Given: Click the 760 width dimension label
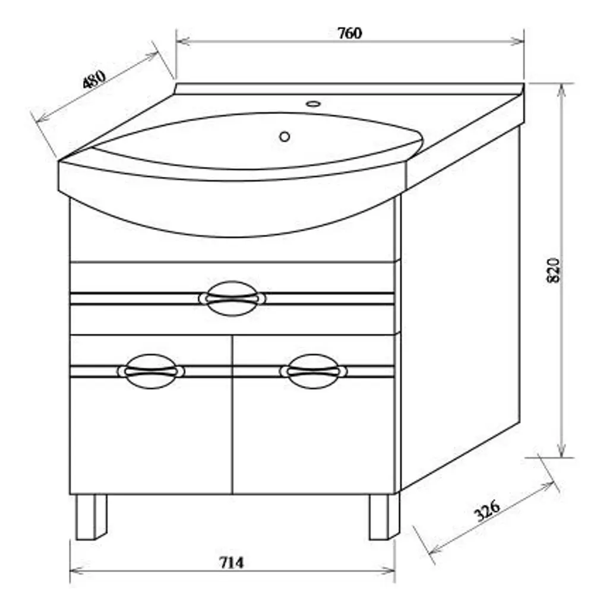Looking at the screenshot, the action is [x=350, y=33].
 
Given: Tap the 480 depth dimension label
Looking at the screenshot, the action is [x=94, y=79].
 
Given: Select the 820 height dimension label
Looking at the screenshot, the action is [x=554, y=270].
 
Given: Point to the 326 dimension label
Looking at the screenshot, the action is [x=487, y=510].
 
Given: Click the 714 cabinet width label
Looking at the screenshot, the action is [x=232, y=563].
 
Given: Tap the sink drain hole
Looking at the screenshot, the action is [x=285, y=137].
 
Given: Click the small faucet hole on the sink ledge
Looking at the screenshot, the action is [x=313, y=104].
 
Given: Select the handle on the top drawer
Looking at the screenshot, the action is [x=232, y=299].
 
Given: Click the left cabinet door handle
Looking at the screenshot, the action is [x=151, y=371].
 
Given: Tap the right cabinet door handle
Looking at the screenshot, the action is [x=313, y=371].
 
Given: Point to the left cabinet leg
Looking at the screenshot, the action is [x=91, y=517].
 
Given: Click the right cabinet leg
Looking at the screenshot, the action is [x=384, y=517].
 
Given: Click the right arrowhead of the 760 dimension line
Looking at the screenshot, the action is [x=517, y=41].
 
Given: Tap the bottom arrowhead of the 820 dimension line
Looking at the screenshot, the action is [x=562, y=450].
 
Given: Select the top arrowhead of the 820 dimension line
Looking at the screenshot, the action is [x=562, y=90].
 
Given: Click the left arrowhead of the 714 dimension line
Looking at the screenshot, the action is [x=77, y=570].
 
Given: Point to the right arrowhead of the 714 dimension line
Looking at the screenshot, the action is [x=388, y=570].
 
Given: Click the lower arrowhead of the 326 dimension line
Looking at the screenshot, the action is [x=435, y=548].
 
